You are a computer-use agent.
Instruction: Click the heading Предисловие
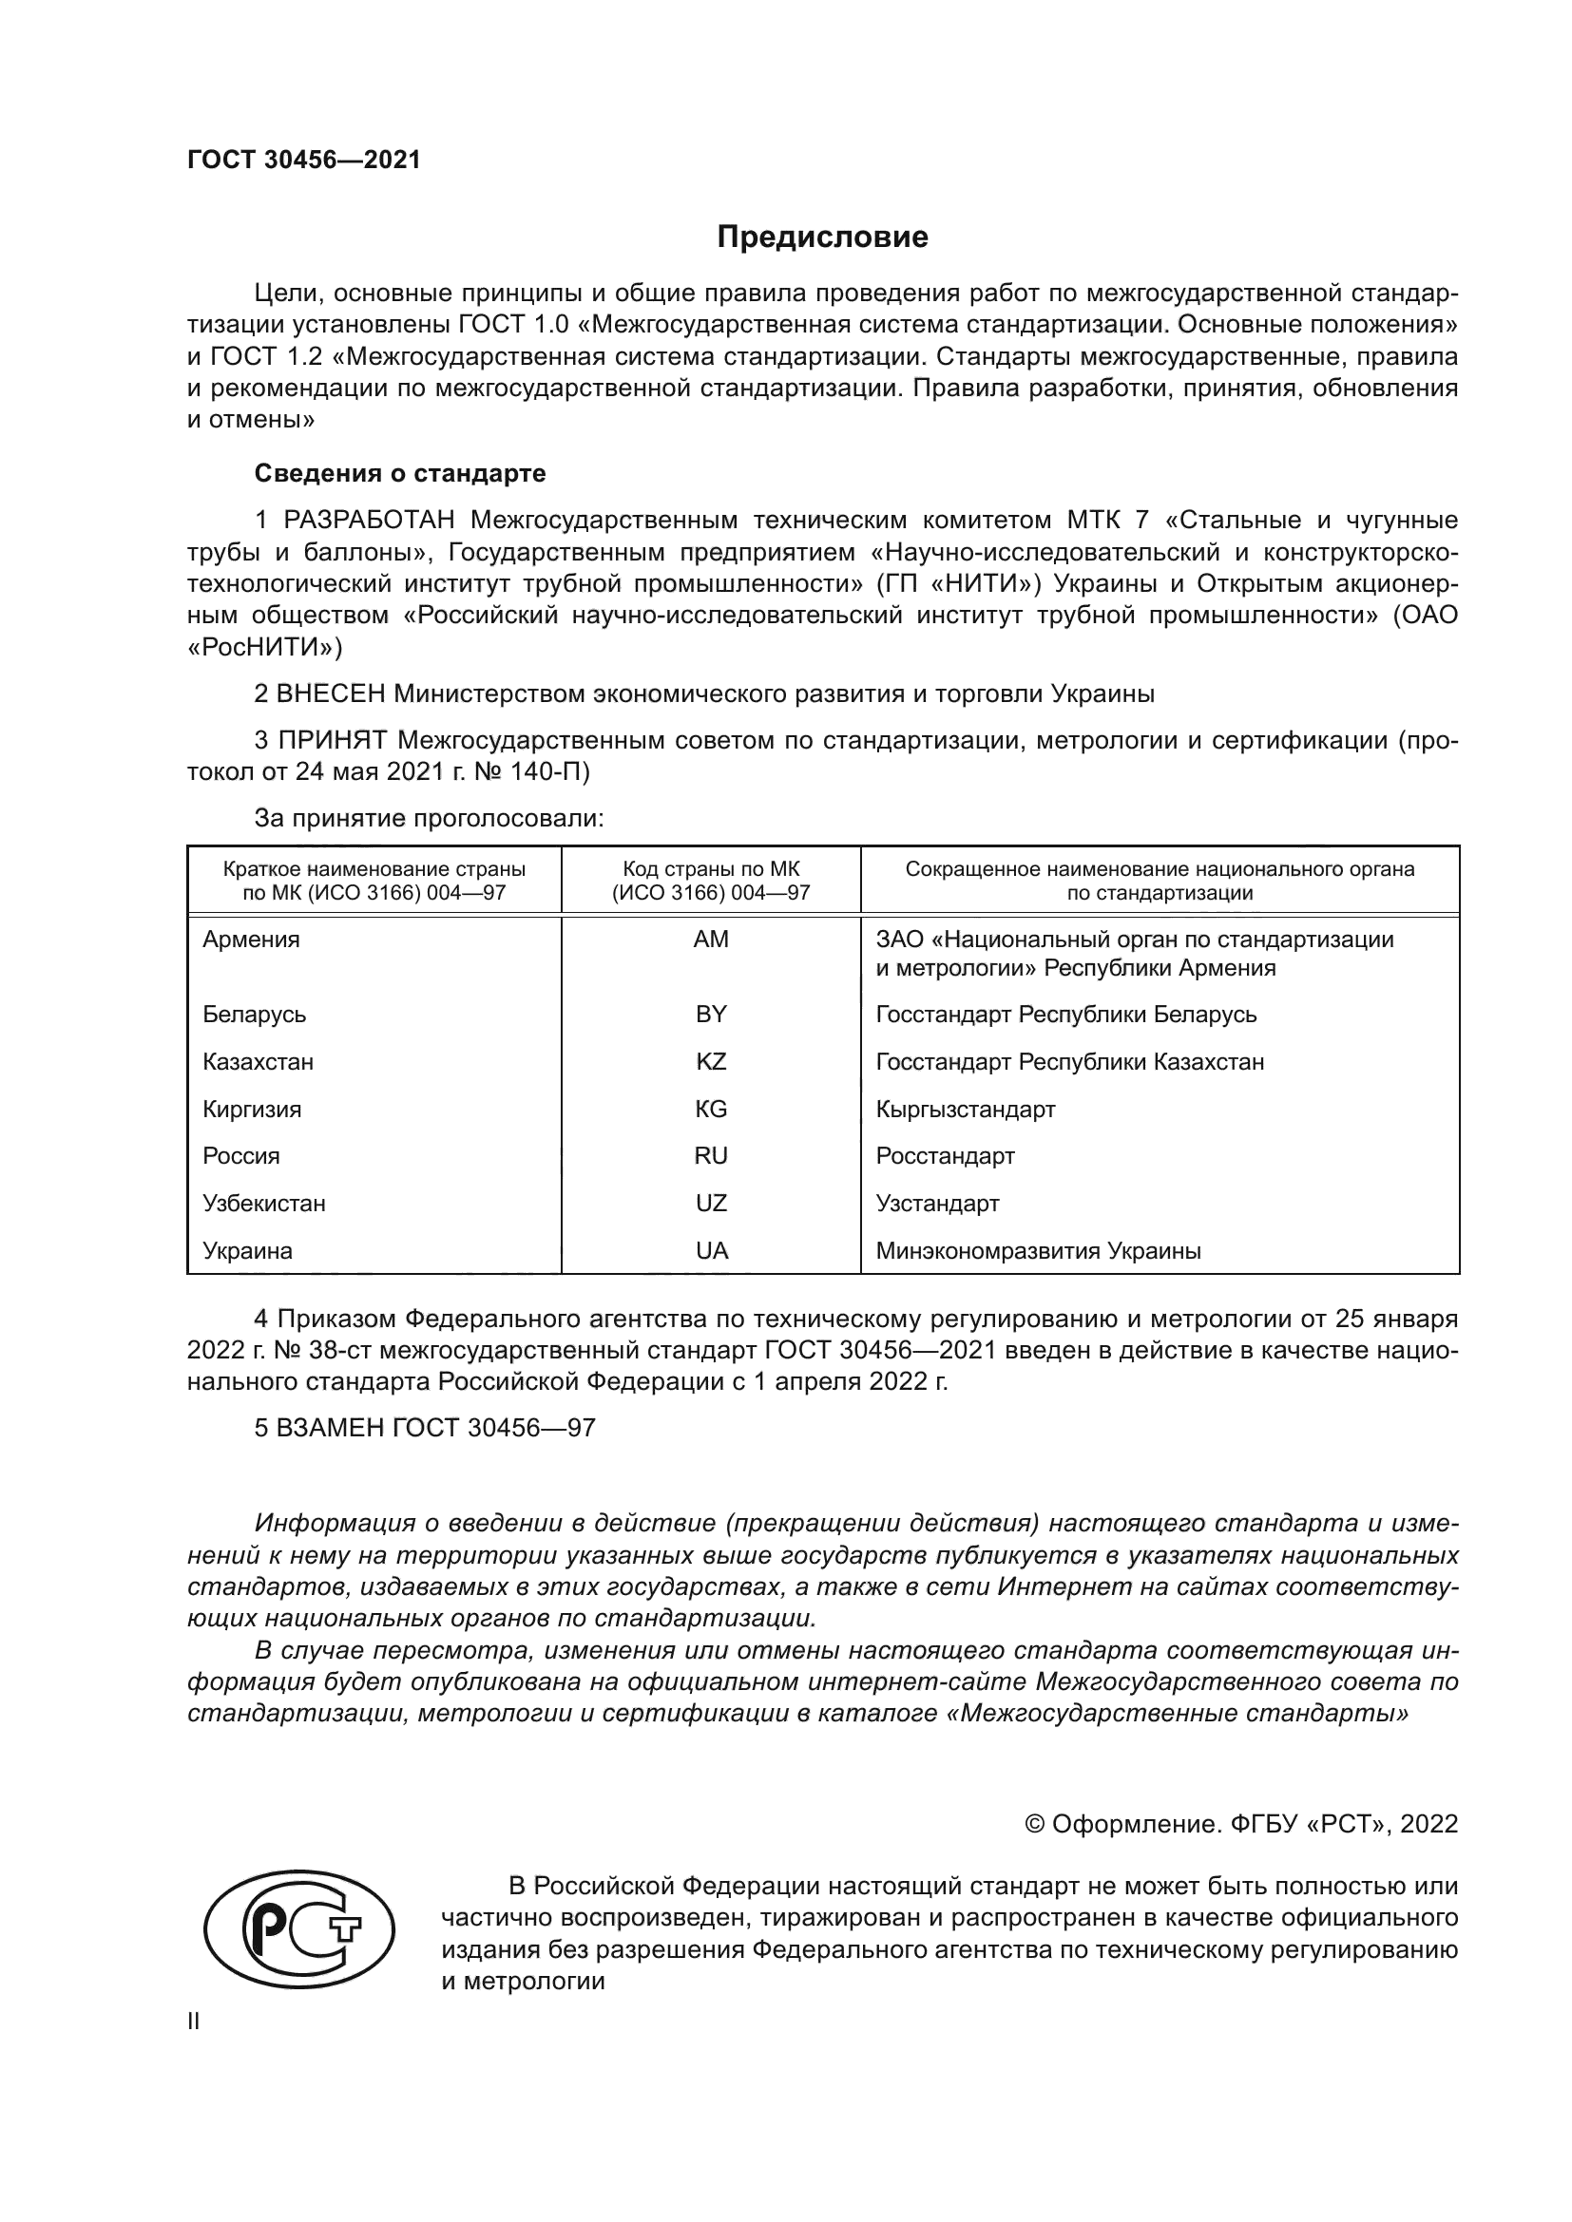(822, 237)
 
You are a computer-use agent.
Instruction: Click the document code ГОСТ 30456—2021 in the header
(304, 161)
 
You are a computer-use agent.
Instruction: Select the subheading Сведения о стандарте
(400, 473)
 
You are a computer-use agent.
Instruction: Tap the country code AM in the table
(711, 940)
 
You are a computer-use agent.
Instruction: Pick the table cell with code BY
(711, 1015)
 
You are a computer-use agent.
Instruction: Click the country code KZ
(711, 1062)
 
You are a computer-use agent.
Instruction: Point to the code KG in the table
(711, 1109)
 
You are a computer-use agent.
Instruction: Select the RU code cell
(711, 1155)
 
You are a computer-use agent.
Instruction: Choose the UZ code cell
(711, 1203)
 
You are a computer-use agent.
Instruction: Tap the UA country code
(711, 1250)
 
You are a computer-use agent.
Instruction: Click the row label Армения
(251, 940)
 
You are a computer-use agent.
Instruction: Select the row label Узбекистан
(263, 1203)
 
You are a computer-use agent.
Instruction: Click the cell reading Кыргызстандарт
(965, 1109)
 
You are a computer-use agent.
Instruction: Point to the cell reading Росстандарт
(945, 1155)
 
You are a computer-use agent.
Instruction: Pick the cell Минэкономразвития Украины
(1038, 1250)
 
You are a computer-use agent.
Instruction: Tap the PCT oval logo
(298, 1932)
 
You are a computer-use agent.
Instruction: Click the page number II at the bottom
(194, 2021)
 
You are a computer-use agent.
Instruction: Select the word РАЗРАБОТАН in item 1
(368, 521)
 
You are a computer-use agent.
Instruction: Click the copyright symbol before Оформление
(1034, 1824)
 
